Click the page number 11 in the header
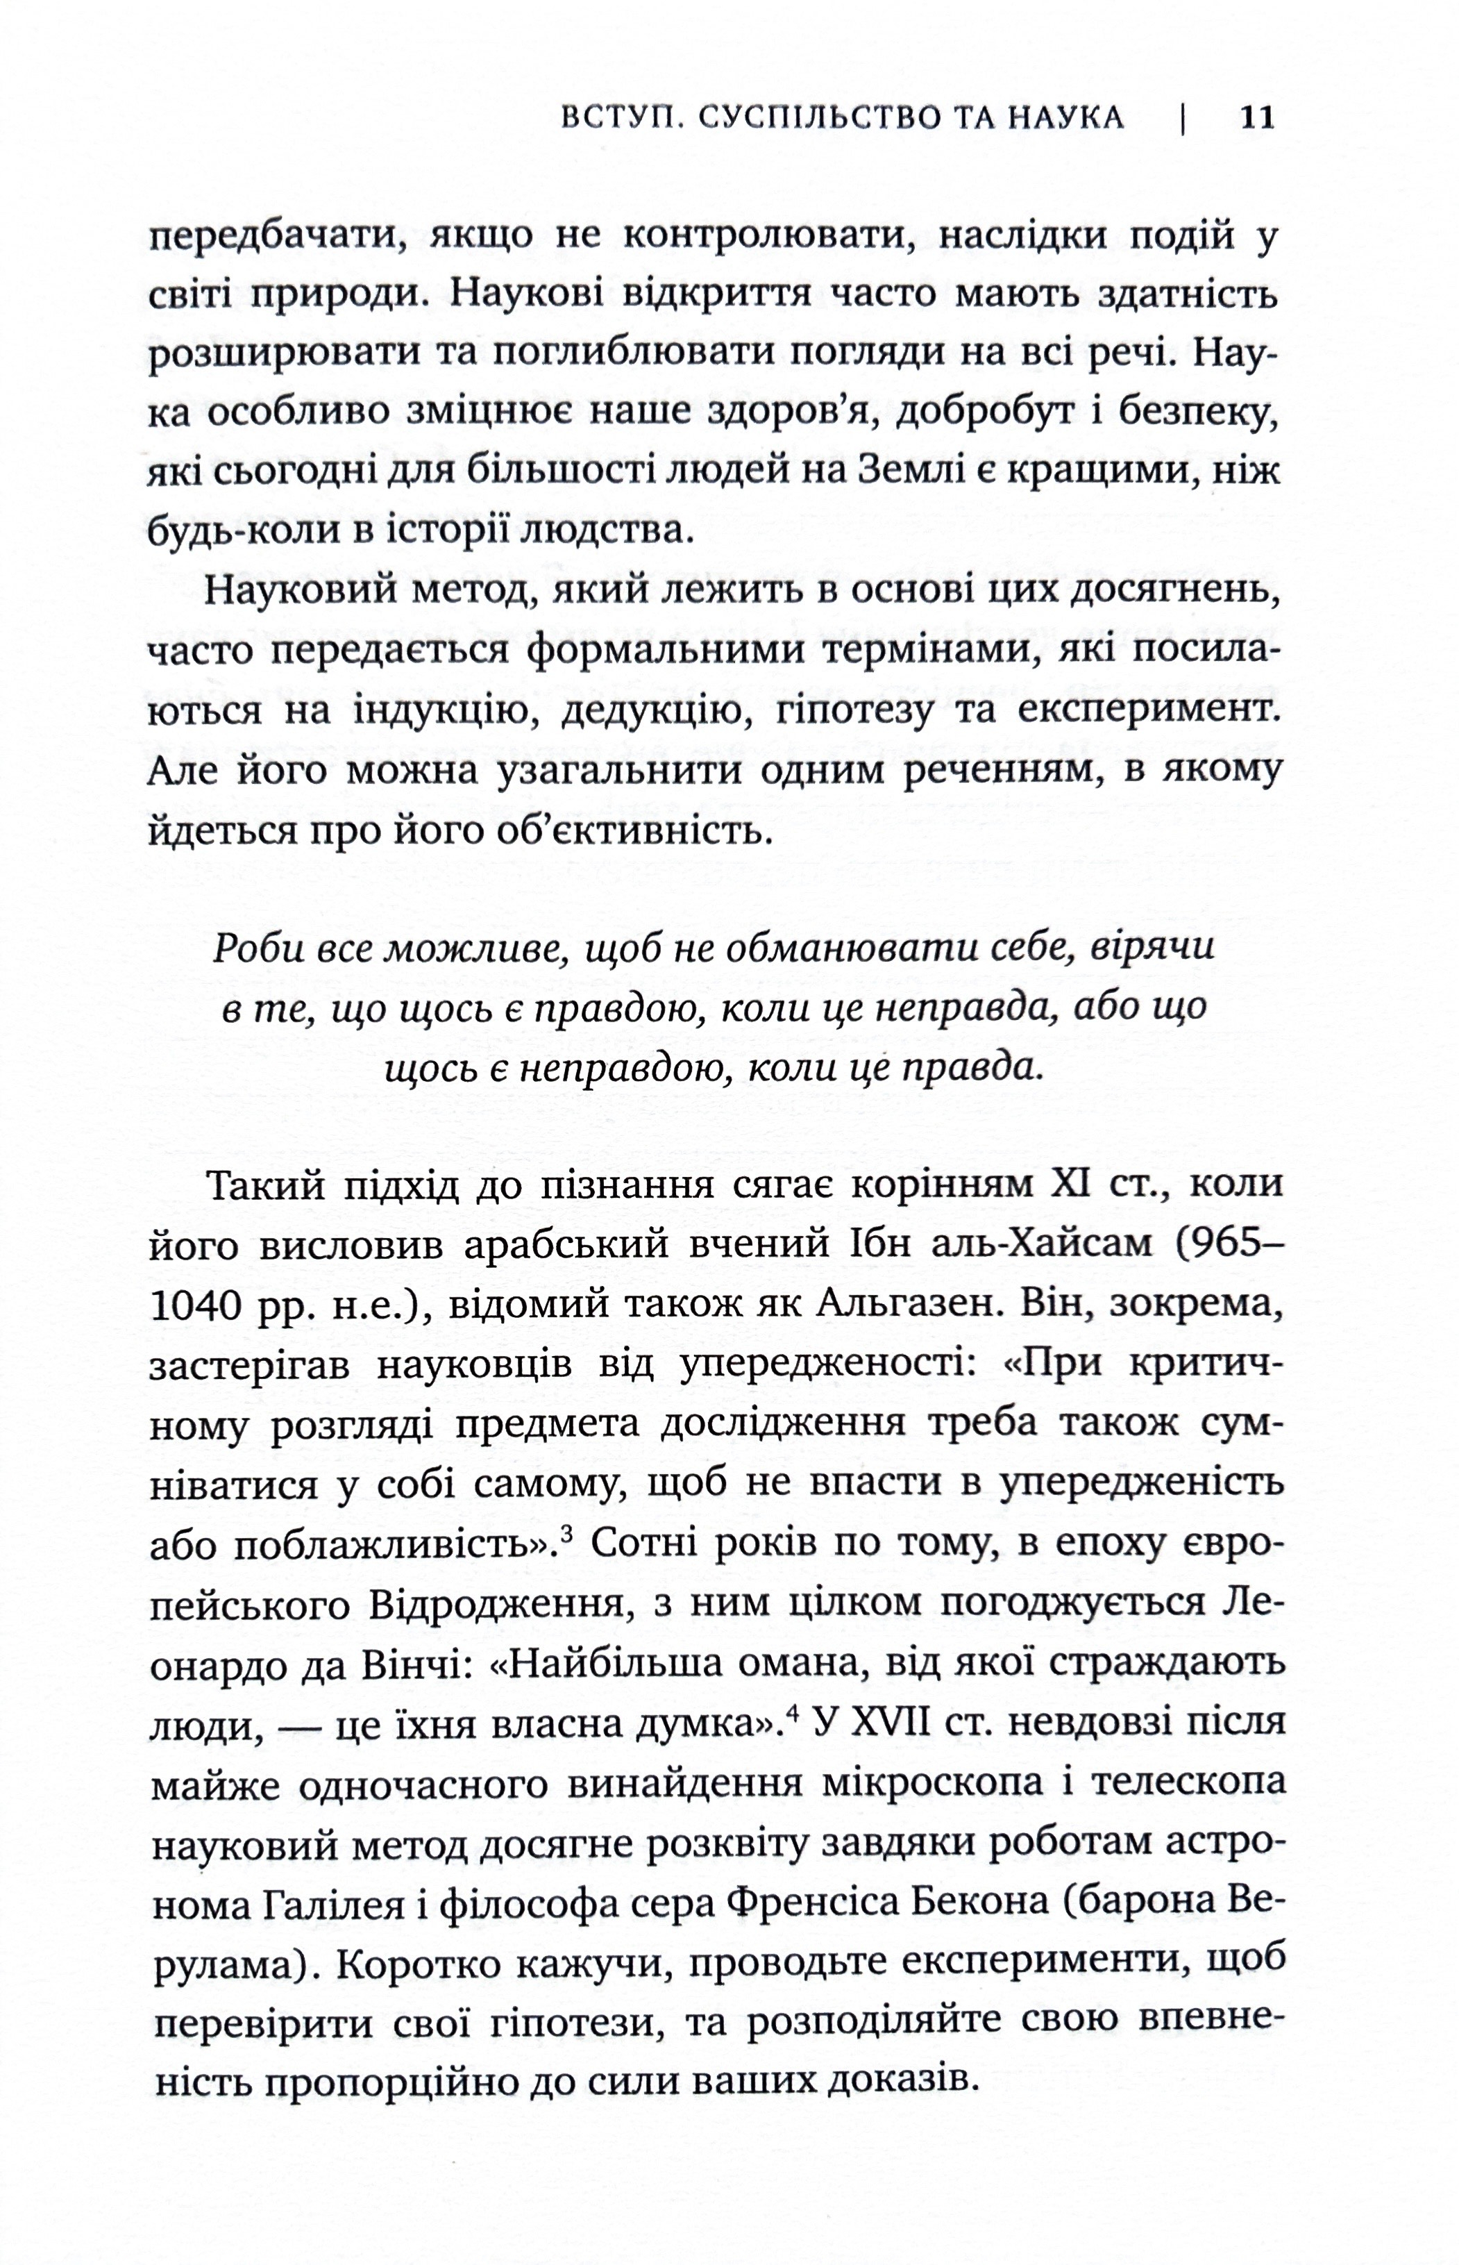[1257, 117]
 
